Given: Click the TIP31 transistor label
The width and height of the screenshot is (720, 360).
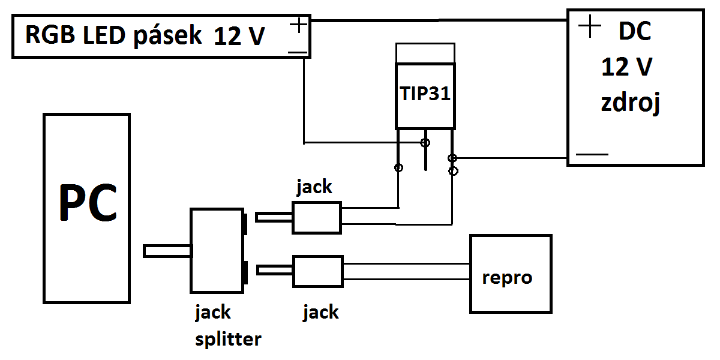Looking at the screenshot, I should pyautogui.click(x=425, y=94).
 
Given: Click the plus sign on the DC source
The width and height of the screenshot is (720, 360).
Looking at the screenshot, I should pyautogui.click(x=590, y=26).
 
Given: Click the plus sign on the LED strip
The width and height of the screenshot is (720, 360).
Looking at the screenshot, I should pyautogui.click(x=298, y=25).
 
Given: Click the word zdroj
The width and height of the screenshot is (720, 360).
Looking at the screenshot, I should pyautogui.click(x=631, y=103).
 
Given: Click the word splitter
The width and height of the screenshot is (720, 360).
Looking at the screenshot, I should pyautogui.click(x=229, y=339).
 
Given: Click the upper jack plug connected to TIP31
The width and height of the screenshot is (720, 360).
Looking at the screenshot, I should pyautogui.click(x=316, y=217).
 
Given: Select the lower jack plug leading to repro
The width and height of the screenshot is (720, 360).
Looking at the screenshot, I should pyautogui.click(x=317, y=271).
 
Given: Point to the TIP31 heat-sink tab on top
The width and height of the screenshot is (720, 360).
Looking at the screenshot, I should pyautogui.click(x=425, y=53).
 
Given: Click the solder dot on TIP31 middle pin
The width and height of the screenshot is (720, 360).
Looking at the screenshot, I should pyautogui.click(x=425, y=143).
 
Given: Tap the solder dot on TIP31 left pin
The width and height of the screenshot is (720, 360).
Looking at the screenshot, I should pyautogui.click(x=398, y=167).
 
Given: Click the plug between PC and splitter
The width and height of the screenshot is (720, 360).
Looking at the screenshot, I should pyautogui.click(x=167, y=251).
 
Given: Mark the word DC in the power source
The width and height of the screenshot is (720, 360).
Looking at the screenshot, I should pyautogui.click(x=634, y=32).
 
